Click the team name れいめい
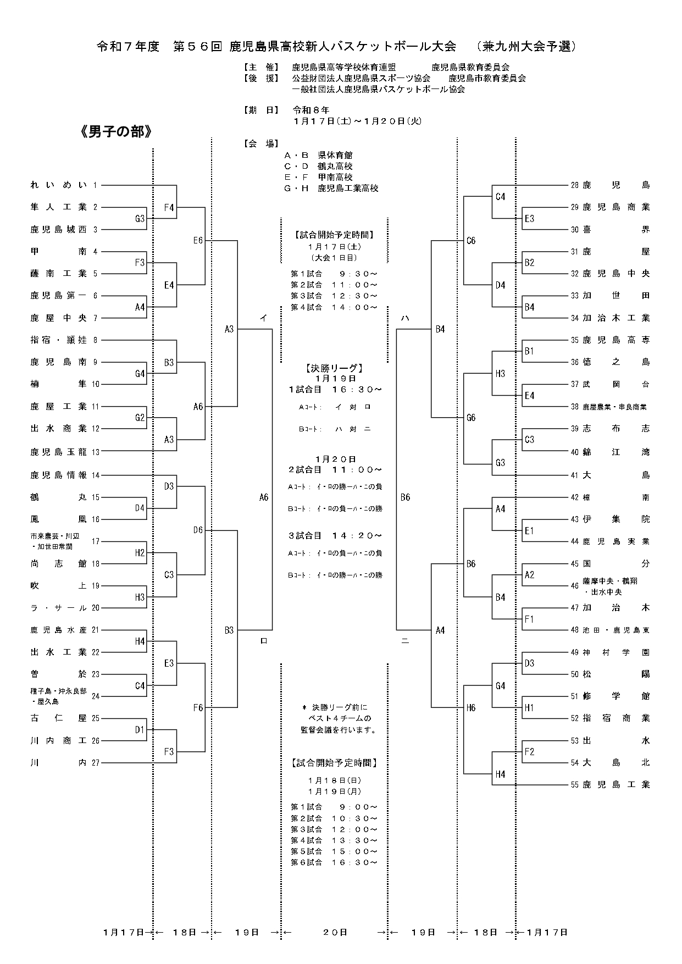click(58, 185)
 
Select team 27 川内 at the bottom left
click(58, 762)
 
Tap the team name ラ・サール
click(58, 608)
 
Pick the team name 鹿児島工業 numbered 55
click(616, 784)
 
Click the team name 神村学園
click(616, 652)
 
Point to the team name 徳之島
click(616, 362)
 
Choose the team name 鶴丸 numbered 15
click(58, 497)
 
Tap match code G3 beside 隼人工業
click(140, 219)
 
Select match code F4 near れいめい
click(169, 208)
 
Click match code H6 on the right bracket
click(471, 708)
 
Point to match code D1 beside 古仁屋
click(140, 730)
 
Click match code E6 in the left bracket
click(198, 241)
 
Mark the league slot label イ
click(264, 318)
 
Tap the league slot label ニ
click(405, 641)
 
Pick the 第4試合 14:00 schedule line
click(334, 307)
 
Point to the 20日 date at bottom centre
click(335, 932)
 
